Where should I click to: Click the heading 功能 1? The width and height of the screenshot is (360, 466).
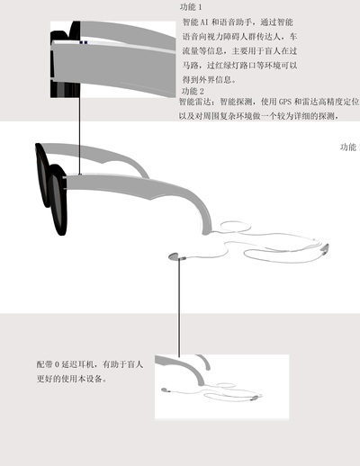pyautogui.click(x=191, y=7)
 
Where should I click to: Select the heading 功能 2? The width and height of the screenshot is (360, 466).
pyautogui.click(x=193, y=91)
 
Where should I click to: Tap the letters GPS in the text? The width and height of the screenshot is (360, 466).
pyautogui.click(x=285, y=102)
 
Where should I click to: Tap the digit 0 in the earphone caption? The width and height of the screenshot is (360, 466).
pyautogui.click(x=58, y=364)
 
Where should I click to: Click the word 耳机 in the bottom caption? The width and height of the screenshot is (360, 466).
pyautogui.click(x=86, y=364)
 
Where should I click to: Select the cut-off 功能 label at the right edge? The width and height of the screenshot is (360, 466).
pyautogui.click(x=349, y=147)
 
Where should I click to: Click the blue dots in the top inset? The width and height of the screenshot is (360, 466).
pyautogui.click(x=84, y=42)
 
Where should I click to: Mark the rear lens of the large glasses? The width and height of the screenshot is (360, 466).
pyautogui.click(x=42, y=175)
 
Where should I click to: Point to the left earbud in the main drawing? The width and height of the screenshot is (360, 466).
pyautogui.click(x=174, y=256)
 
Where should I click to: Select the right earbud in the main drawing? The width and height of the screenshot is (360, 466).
pyautogui.click(x=325, y=249)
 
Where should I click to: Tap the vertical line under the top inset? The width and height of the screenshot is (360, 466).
pyautogui.click(x=80, y=136)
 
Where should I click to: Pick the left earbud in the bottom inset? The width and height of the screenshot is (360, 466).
pyautogui.click(x=165, y=390)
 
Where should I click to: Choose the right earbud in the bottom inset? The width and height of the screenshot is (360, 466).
pyautogui.click(x=255, y=398)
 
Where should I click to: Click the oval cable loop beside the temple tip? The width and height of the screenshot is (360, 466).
pyautogui.click(x=236, y=227)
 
